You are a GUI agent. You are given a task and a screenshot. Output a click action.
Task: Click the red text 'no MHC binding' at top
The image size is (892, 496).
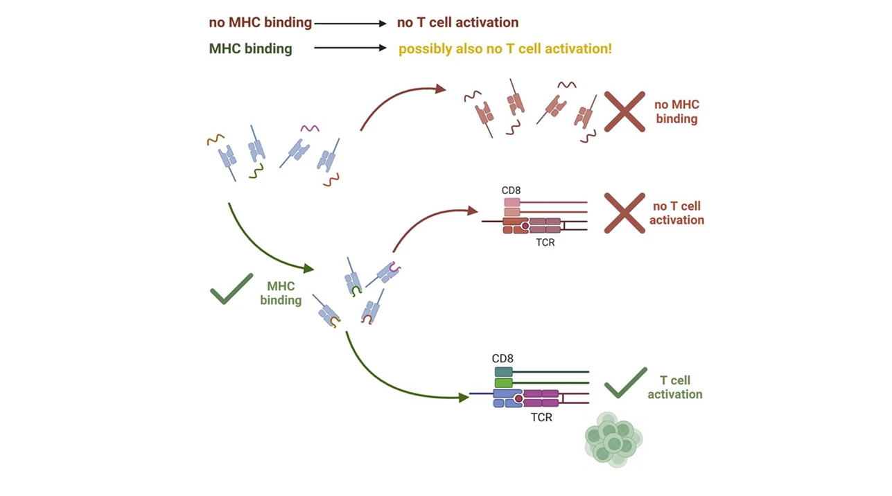click(260, 23)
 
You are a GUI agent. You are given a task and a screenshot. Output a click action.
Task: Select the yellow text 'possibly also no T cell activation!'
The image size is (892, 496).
click(505, 49)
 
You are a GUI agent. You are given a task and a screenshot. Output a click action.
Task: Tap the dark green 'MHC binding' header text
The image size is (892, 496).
click(250, 49)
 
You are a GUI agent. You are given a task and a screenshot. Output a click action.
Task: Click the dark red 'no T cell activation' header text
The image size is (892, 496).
click(457, 23)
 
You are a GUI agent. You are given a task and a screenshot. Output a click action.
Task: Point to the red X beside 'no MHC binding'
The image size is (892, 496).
click(624, 112)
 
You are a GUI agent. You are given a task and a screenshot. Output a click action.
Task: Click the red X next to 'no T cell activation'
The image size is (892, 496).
click(624, 213)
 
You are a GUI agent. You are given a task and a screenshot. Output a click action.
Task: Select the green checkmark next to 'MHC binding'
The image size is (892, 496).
click(231, 290)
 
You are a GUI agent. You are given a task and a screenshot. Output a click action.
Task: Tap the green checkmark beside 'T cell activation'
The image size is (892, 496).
click(625, 383)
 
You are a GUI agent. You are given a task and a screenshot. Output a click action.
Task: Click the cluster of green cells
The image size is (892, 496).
click(613, 439)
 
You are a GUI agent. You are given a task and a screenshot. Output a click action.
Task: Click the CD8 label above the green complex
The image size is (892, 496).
click(502, 359)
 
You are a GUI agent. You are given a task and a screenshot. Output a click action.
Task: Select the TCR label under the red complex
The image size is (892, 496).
click(545, 243)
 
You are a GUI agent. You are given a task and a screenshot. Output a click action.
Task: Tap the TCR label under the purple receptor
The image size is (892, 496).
click(541, 418)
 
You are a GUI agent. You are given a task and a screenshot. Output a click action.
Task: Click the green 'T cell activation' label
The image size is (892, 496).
click(674, 387)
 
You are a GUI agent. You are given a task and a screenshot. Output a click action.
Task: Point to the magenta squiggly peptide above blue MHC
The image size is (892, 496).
click(309, 129)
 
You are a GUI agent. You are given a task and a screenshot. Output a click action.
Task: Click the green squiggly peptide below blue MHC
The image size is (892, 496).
click(256, 172)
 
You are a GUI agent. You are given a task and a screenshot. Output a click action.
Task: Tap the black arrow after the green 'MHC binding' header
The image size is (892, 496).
click(350, 49)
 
